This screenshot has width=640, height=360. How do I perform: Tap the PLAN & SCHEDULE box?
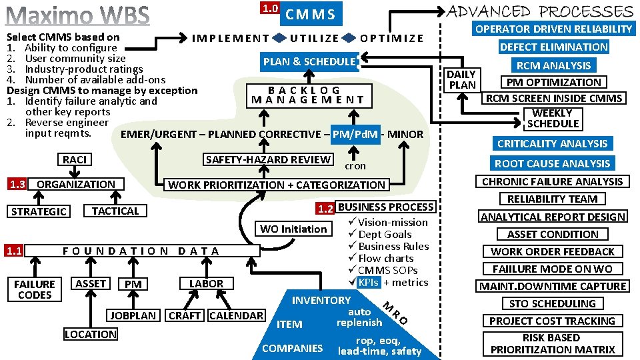point(309,61)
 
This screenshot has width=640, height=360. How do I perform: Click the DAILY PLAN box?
point(462,79)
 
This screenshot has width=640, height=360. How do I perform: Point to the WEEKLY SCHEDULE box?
point(553,118)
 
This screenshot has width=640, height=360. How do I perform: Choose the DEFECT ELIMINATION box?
point(553,47)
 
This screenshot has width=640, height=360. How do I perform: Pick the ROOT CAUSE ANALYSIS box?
point(552,163)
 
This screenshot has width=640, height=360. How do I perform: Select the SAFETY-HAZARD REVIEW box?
point(269,159)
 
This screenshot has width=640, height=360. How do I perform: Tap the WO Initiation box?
point(293,229)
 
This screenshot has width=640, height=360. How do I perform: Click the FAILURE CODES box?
point(35,289)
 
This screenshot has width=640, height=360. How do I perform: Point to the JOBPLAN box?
point(133,315)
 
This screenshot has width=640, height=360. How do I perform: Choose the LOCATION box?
point(91,334)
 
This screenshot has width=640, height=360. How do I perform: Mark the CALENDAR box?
point(236,315)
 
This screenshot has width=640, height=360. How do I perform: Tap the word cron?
point(355,166)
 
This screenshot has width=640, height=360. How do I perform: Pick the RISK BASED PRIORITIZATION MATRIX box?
point(553,343)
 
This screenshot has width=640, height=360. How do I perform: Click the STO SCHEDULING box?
point(552,303)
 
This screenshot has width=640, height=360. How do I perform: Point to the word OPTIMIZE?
point(391,38)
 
